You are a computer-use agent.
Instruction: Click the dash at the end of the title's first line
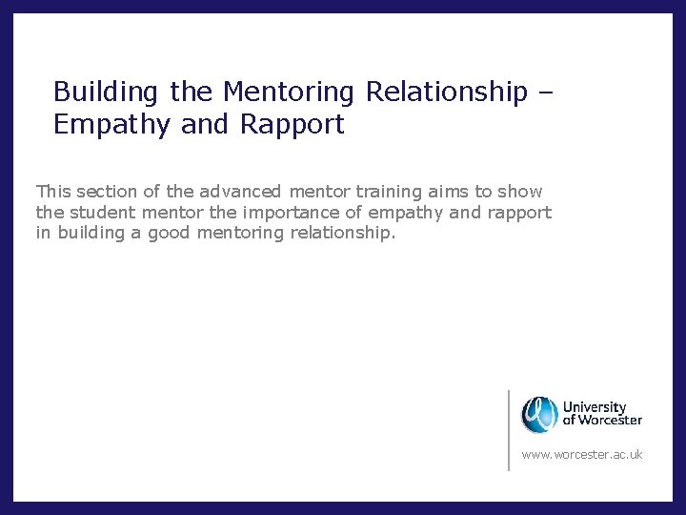coord(544,93)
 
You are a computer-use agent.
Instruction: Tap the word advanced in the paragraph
coord(241,192)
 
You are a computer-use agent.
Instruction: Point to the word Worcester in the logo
coord(610,421)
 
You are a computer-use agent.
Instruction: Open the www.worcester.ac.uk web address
coord(581,455)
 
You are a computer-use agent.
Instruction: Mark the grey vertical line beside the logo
coord(509,429)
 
